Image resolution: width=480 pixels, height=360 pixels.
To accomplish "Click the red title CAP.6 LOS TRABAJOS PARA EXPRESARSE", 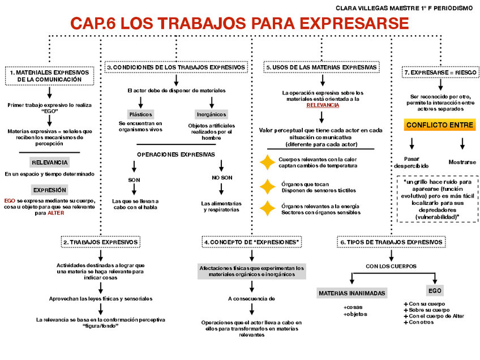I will pyautogui.click(x=239, y=24).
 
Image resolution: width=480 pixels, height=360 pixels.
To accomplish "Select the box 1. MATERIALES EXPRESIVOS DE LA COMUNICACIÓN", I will pyautogui.click(x=49, y=76).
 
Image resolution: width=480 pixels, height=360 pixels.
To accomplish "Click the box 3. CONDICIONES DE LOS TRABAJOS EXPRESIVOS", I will pyautogui.click(x=177, y=67).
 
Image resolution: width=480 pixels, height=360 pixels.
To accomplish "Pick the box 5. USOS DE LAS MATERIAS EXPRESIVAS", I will pyautogui.click(x=321, y=67).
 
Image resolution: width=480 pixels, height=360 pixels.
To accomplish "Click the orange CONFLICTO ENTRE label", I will pyautogui.click(x=440, y=125).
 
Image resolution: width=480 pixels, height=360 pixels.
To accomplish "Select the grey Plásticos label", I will pyautogui.click(x=140, y=114).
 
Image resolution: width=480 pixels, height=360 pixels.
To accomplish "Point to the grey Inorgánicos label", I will pyautogui.click(x=211, y=114).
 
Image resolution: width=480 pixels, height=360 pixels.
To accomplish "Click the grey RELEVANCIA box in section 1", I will pyautogui.click(x=50, y=162).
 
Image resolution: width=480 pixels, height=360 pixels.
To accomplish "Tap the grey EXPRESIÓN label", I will pyautogui.click(x=50, y=190).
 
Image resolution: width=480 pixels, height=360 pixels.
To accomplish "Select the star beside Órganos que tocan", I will pyautogui.click(x=267, y=187).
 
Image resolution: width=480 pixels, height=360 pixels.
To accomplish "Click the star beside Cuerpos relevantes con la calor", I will pyautogui.click(x=267, y=163).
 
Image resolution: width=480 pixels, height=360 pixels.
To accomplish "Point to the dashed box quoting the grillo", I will pyautogui.click(x=438, y=199).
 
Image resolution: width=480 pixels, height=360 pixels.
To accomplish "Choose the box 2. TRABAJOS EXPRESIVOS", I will pyautogui.click(x=100, y=242).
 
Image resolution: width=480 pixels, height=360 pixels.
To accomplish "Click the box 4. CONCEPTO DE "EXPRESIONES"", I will pyautogui.click(x=252, y=242).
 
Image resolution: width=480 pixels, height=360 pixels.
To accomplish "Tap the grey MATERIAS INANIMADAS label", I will pyautogui.click(x=352, y=293).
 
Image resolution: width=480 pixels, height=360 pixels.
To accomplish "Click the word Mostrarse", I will pyautogui.click(x=462, y=162).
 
